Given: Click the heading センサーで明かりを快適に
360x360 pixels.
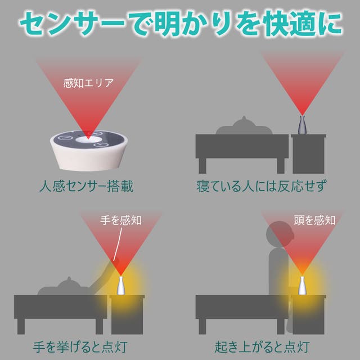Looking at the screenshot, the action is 181,24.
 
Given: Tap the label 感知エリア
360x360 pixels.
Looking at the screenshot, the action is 88,83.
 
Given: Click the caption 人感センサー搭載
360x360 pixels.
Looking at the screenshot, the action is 87,186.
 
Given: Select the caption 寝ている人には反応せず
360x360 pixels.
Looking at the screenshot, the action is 261,186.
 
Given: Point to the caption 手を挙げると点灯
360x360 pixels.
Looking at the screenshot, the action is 80,347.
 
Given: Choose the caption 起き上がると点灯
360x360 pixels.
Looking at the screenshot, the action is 262,347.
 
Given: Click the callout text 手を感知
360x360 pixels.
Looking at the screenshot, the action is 121,220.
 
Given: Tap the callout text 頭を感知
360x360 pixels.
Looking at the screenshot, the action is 314,220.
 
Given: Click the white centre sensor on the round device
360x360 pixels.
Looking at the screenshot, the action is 89,139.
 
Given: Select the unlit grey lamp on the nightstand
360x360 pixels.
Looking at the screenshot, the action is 303,125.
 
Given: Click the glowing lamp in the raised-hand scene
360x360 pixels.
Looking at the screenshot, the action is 121,286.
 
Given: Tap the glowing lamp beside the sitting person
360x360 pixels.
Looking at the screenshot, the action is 302,286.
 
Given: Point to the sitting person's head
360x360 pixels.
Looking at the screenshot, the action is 280,235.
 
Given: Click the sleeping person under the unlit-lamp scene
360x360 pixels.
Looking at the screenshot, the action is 244,127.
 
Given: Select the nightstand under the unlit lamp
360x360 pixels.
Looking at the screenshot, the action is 309,154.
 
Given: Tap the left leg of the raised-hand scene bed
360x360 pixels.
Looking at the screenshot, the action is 21,326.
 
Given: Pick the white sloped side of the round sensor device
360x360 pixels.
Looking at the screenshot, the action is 89,159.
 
